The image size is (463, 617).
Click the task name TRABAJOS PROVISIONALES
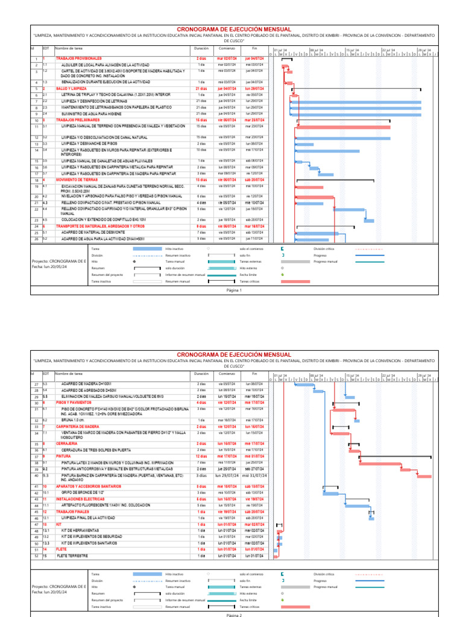click(x=78, y=58)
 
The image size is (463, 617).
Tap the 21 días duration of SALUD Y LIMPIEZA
click(x=201, y=88)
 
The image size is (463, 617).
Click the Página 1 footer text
click(x=234, y=290)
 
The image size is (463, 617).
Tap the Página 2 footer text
click(x=234, y=615)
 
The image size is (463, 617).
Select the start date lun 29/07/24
click(x=227, y=475)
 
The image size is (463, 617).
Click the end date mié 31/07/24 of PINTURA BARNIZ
click(x=255, y=475)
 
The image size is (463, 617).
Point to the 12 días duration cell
click(x=201, y=456)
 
